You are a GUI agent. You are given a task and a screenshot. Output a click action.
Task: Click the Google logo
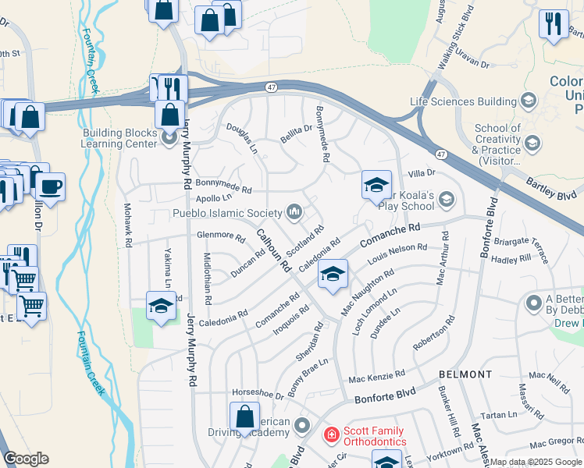click(x=26, y=459)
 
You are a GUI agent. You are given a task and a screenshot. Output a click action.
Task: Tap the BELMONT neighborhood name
click(x=465, y=374)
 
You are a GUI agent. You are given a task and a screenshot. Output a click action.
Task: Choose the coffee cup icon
click(x=51, y=187)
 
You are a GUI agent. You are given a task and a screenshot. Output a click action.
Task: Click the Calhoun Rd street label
click(x=274, y=249)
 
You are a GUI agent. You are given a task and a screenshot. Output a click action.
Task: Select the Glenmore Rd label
click(x=215, y=235)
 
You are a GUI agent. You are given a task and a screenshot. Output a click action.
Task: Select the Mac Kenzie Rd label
click(x=376, y=377)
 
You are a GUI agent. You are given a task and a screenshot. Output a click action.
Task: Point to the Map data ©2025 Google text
click(x=536, y=462)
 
